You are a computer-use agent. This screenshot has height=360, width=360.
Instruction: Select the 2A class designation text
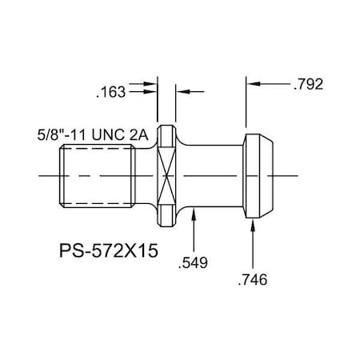(140, 135)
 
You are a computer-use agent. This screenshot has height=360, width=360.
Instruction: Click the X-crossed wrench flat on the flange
(166, 175)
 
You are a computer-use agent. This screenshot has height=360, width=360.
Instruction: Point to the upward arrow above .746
(254, 229)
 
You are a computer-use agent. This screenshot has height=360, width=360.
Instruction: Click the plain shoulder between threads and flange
(144, 175)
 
